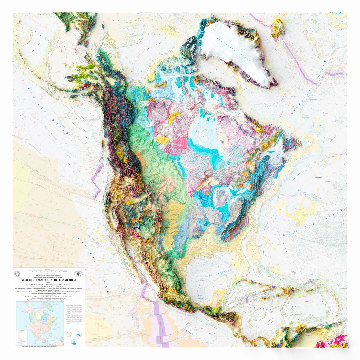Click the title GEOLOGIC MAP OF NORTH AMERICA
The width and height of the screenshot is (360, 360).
pos(48,280)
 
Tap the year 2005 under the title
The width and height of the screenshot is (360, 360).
pos(48,283)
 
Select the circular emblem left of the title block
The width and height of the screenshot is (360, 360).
pos(17,273)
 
